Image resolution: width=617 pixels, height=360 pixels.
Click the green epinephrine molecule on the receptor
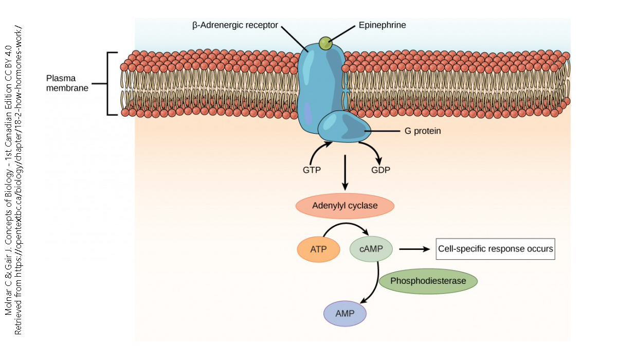(325, 44)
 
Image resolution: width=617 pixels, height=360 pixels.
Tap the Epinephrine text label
(382, 25)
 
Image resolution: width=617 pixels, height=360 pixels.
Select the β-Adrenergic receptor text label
(235, 25)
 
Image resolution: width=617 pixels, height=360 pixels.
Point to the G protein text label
(423, 131)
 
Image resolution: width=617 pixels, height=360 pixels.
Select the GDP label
(380, 170)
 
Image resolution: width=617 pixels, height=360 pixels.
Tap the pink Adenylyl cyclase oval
(344, 206)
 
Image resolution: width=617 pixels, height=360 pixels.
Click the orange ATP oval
(318, 250)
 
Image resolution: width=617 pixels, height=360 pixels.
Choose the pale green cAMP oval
(371, 250)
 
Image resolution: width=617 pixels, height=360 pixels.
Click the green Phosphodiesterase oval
(428, 281)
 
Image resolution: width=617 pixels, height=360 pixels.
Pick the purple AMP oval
(344, 313)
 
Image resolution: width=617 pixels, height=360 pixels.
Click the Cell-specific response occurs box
(495, 249)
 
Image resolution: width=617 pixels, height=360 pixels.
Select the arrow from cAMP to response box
(414, 249)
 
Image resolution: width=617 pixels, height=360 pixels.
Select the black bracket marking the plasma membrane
(109, 83)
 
